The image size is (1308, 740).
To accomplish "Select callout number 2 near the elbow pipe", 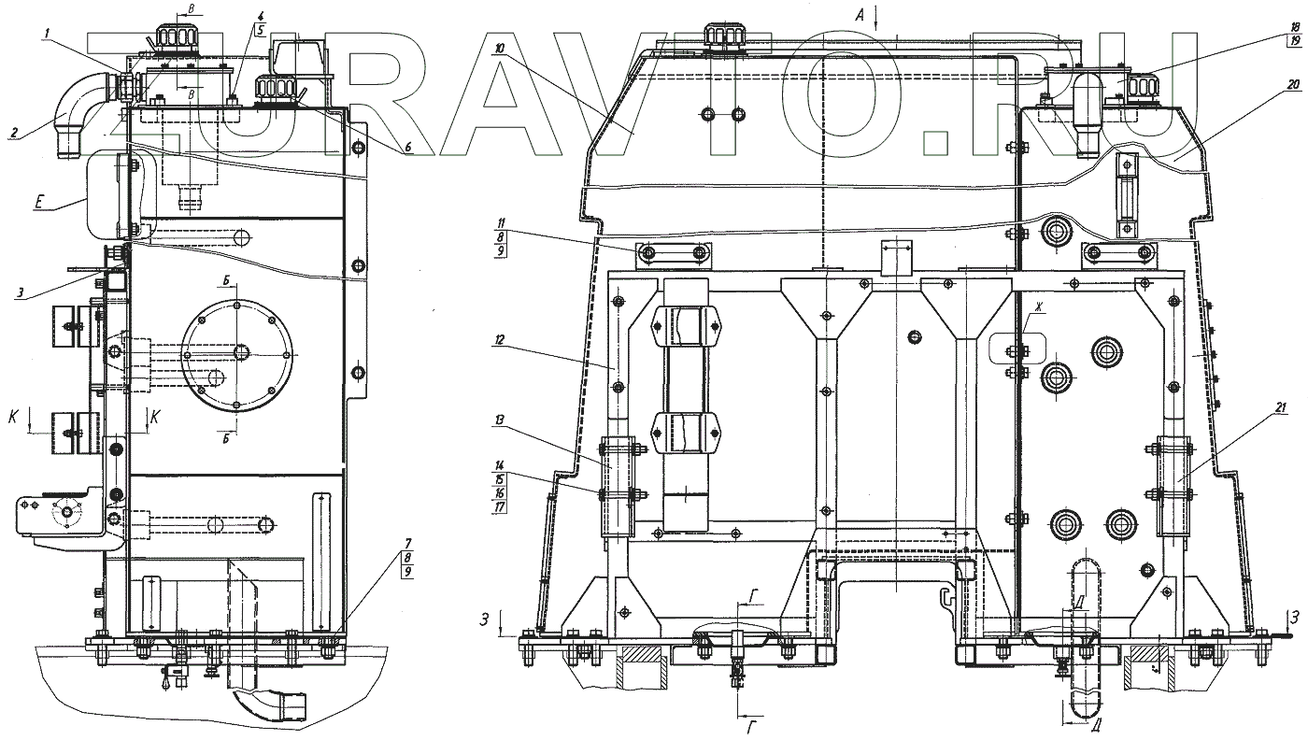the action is tap(13, 134).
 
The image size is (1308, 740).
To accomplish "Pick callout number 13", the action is tap(501, 420).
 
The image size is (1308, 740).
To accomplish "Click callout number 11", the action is tap(501, 223).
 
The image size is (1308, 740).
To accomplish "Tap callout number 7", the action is tap(407, 544).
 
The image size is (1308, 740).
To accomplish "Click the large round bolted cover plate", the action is tap(235, 353).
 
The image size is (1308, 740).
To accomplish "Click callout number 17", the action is tap(501, 506).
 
